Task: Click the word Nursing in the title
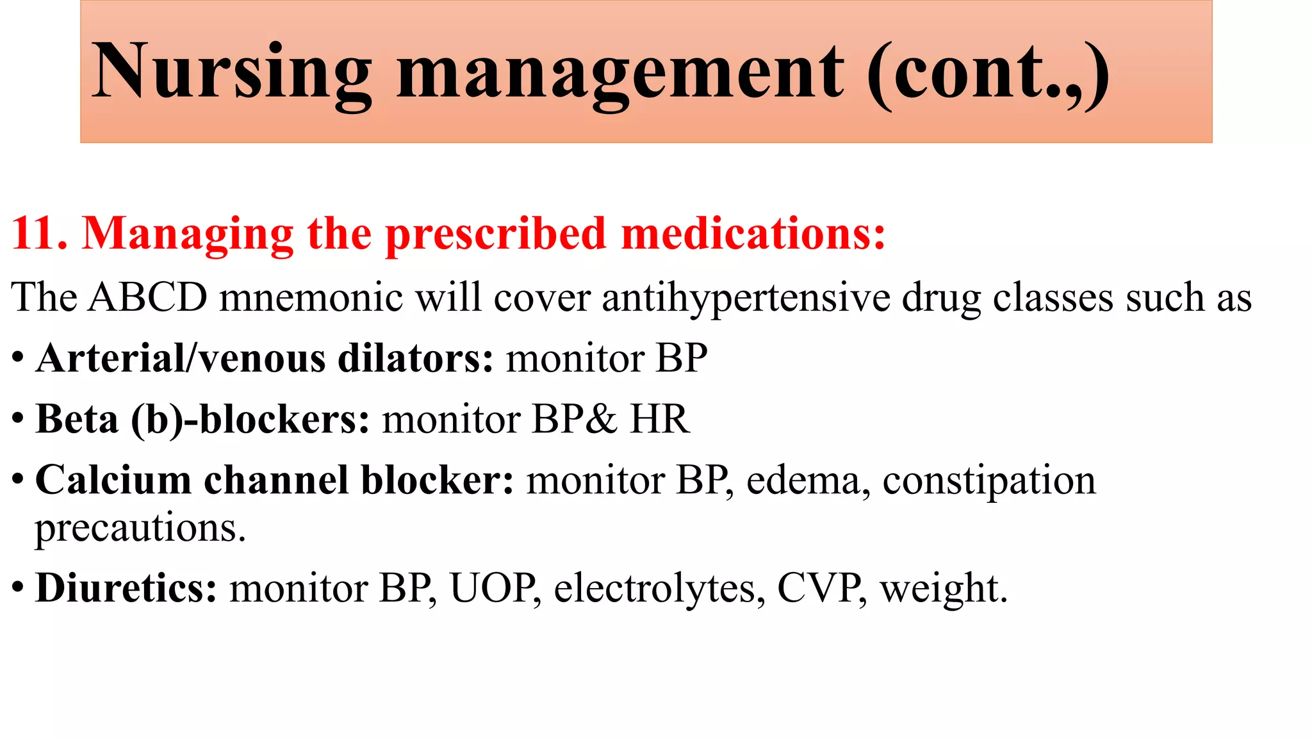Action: [x=231, y=72]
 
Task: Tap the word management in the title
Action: [x=620, y=72]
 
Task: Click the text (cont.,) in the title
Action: [x=988, y=72]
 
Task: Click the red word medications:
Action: [x=753, y=233]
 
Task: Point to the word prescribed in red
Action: [x=495, y=234]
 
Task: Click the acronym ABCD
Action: [x=148, y=298]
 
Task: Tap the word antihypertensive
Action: [x=746, y=299]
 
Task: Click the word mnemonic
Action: [x=311, y=299]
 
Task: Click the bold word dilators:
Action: [x=415, y=358]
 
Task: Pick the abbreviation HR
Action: [x=659, y=420]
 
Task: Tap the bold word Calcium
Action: [x=113, y=480]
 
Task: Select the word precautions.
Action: [x=140, y=529]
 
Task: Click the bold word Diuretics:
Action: [x=126, y=588]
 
